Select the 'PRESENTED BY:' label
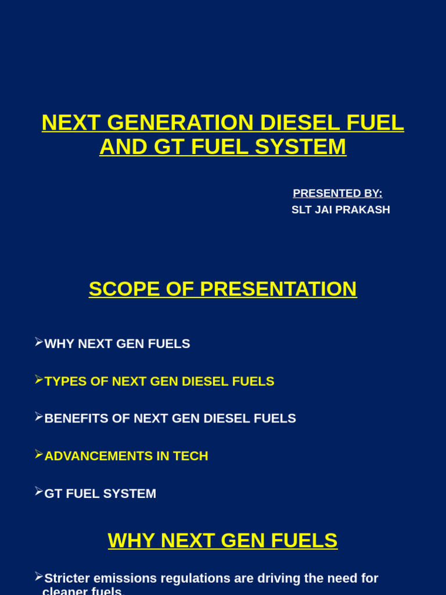click(x=337, y=193)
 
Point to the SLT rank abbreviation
click(x=301, y=210)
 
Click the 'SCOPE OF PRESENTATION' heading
click(x=222, y=289)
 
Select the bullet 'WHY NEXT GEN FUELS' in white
click(x=117, y=344)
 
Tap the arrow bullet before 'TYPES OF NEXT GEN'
click(x=39, y=380)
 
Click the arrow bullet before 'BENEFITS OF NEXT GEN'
click(x=39, y=417)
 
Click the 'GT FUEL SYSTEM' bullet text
click(x=100, y=494)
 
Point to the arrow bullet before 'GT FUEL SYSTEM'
click(x=39, y=492)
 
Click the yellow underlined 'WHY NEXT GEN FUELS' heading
click(x=222, y=541)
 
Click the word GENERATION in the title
click(x=181, y=123)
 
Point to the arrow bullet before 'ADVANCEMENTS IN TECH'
click(x=39, y=454)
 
